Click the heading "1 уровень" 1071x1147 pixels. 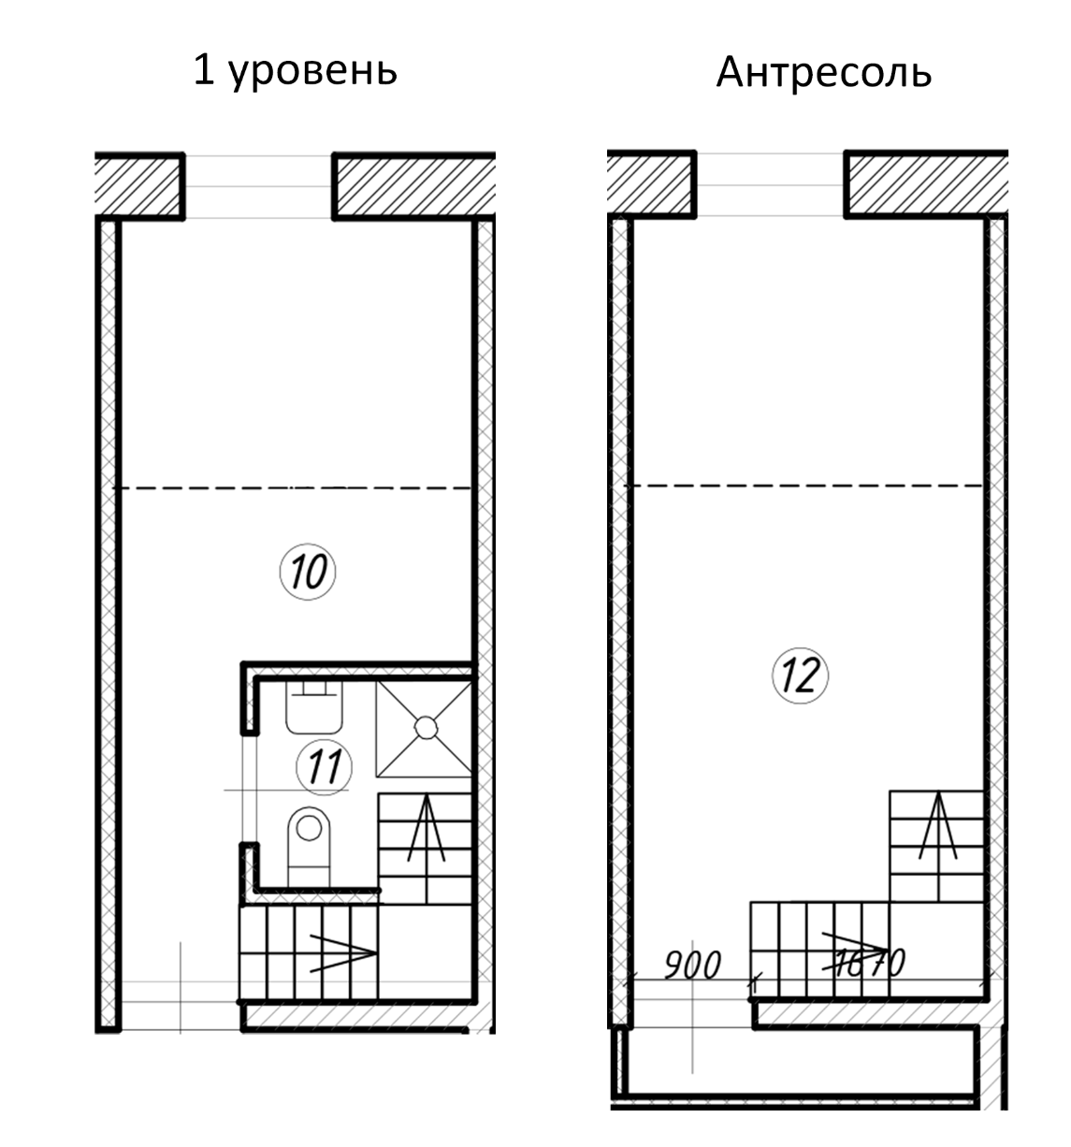click(295, 71)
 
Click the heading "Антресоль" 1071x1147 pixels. click(823, 73)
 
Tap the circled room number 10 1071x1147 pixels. click(308, 570)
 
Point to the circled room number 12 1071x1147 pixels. click(801, 674)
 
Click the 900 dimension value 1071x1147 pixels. click(693, 965)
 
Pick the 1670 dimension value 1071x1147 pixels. click(866, 963)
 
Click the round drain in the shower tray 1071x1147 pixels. click(425, 727)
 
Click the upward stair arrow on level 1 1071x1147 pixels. click(426, 828)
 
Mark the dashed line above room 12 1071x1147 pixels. click(804, 486)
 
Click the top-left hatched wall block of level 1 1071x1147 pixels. click(138, 184)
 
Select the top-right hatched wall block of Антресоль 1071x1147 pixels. click(927, 183)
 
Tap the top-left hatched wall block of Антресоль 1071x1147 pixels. click(650, 183)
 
